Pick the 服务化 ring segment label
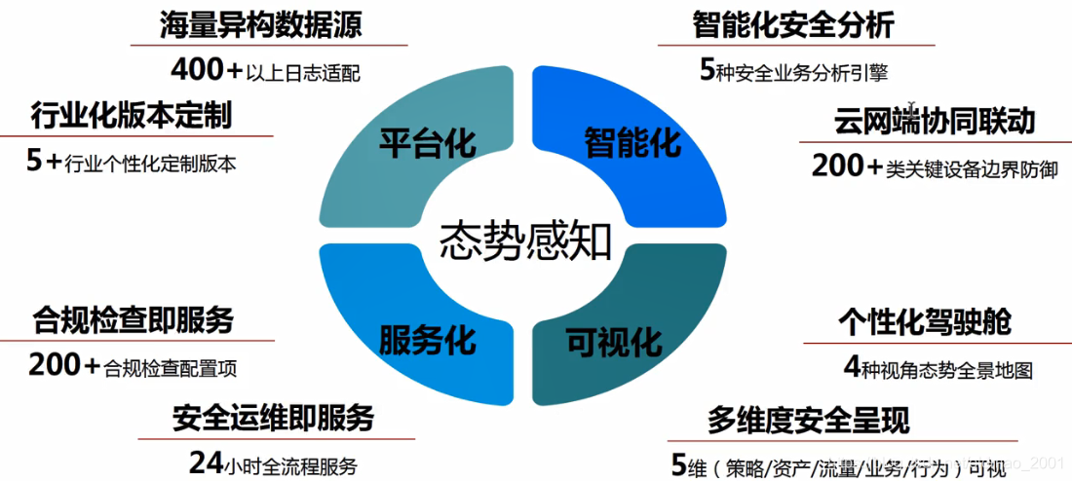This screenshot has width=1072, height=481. (x=428, y=340)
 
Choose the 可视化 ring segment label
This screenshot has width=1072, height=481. (x=614, y=341)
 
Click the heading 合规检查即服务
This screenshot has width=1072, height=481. (x=134, y=319)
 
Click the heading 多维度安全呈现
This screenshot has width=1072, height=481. (x=808, y=420)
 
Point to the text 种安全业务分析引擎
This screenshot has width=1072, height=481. (x=802, y=71)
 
